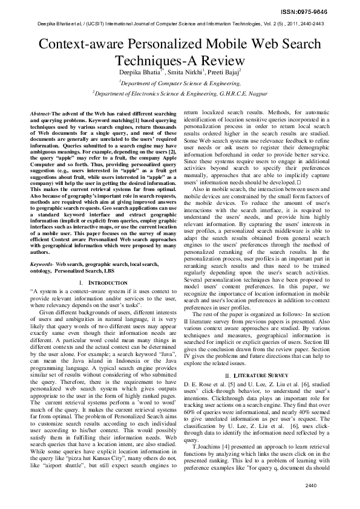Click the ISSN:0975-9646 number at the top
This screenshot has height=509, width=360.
327,11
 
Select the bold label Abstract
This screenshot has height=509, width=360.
41,114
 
